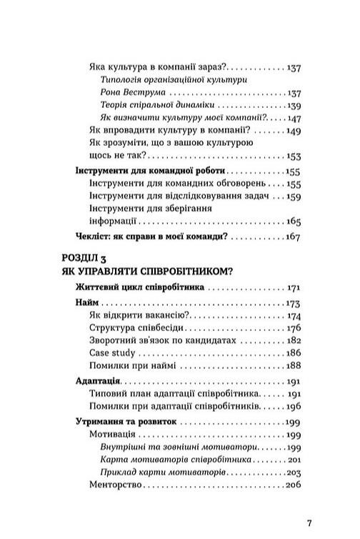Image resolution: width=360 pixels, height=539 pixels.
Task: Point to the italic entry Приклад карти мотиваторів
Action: click(x=166, y=473)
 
